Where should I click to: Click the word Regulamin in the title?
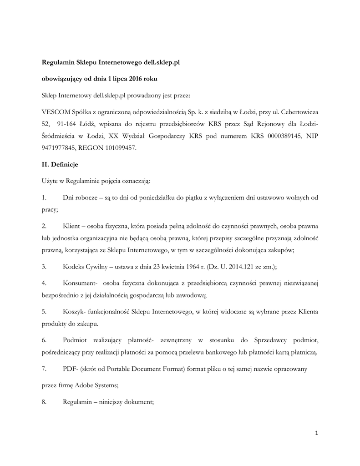point(57,61)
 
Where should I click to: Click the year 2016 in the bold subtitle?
point(135,79)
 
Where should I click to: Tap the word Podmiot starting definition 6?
point(76,340)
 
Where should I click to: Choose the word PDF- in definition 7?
point(70,369)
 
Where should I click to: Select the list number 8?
point(44,402)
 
